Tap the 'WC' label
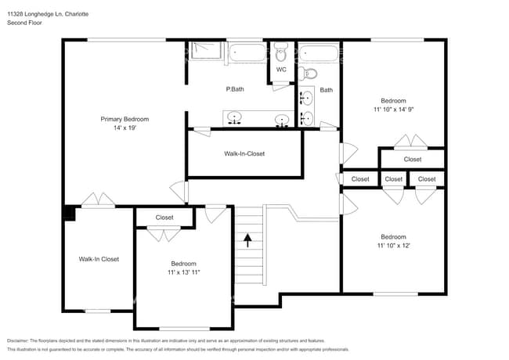pos(281,70)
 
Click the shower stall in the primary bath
pos(205,55)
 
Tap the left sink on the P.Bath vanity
pos(233,120)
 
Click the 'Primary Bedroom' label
pos(124,119)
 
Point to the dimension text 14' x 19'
pos(124,128)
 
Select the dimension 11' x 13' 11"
pos(183,272)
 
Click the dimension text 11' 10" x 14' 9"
pos(393,110)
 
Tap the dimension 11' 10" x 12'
pos(393,246)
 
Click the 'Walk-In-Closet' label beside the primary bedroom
pos(244,153)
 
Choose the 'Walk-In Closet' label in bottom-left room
pos(99,259)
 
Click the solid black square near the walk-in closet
pos(68,211)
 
